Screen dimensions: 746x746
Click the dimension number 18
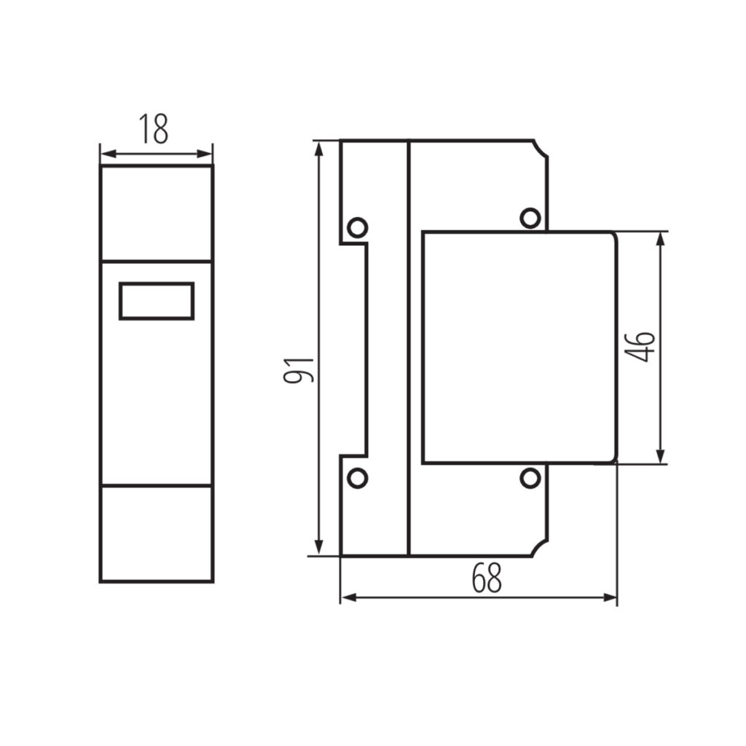(x=153, y=129)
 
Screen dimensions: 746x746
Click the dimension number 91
(x=299, y=369)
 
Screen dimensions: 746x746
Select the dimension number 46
(x=640, y=347)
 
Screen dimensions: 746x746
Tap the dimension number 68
(x=487, y=578)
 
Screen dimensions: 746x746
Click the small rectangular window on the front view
(x=157, y=301)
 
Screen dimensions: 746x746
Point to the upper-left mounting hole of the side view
(x=357, y=227)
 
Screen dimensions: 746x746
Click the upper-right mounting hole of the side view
(x=530, y=218)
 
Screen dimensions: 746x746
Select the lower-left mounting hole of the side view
(x=357, y=478)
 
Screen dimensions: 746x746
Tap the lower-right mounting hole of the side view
(x=530, y=478)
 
